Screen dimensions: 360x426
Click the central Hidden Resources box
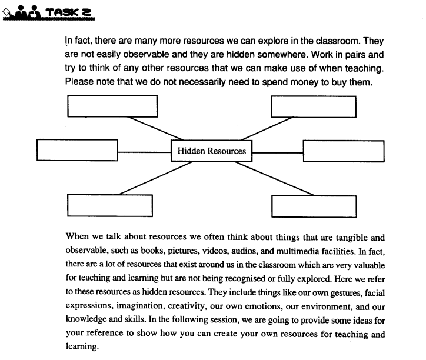(212, 151)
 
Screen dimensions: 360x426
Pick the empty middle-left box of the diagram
(76, 151)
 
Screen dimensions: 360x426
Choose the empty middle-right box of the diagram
(344, 151)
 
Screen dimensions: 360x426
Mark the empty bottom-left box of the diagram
(109, 205)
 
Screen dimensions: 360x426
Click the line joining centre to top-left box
(153, 129)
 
